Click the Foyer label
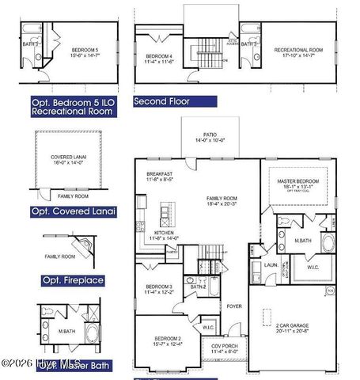234,306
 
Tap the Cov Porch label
224,348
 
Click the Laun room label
270,265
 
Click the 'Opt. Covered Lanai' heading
74,211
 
